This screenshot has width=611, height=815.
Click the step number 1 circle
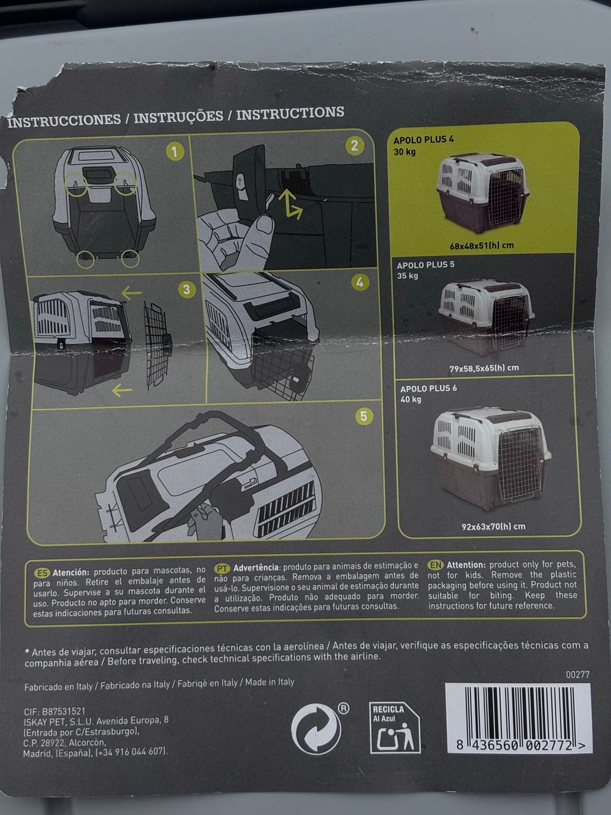coord(175,152)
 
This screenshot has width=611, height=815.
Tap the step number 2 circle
coord(355,146)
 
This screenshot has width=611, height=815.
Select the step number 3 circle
coord(186,290)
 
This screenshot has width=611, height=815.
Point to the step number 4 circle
coord(360,283)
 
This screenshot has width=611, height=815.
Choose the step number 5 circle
coord(363,416)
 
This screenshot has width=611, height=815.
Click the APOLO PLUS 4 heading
coord(424,140)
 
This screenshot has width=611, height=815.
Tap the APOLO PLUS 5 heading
coord(426,265)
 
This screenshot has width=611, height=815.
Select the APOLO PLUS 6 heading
coord(428,389)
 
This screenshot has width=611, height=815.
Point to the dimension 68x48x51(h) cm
coord(482,246)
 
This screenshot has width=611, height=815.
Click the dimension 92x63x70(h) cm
coord(493,527)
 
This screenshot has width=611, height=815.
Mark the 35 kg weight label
coord(407,276)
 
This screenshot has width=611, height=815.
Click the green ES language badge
coord(42,573)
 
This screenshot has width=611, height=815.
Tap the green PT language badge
coord(222,569)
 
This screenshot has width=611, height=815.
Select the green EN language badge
coord(435,565)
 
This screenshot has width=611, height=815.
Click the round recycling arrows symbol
coord(316,729)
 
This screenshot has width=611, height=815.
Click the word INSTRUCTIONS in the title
coord(290,113)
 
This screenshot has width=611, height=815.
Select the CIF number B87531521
coord(64,711)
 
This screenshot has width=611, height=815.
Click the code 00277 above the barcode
coord(577,674)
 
